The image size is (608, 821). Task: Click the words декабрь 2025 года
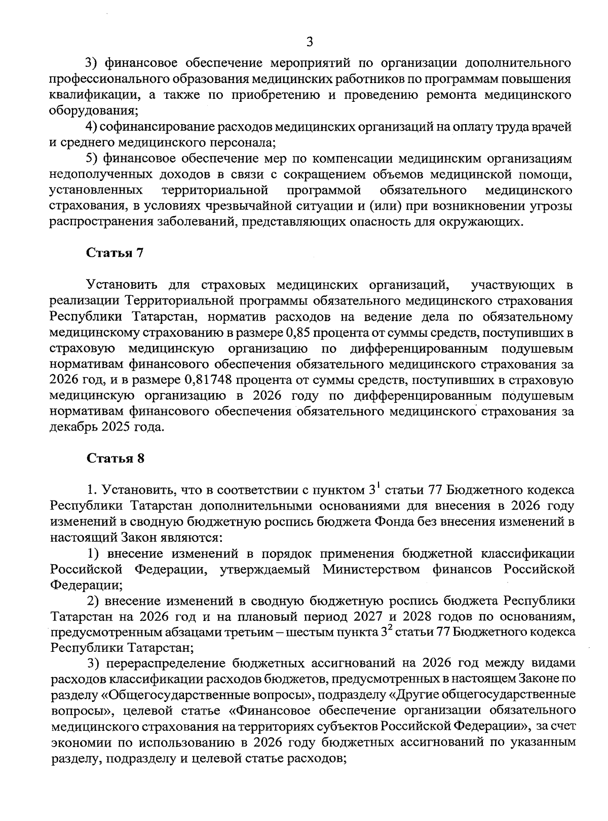(106, 426)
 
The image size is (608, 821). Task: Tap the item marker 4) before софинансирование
(91, 127)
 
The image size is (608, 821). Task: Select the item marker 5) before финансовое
(92, 159)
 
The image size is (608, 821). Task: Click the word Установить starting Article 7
(122, 285)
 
